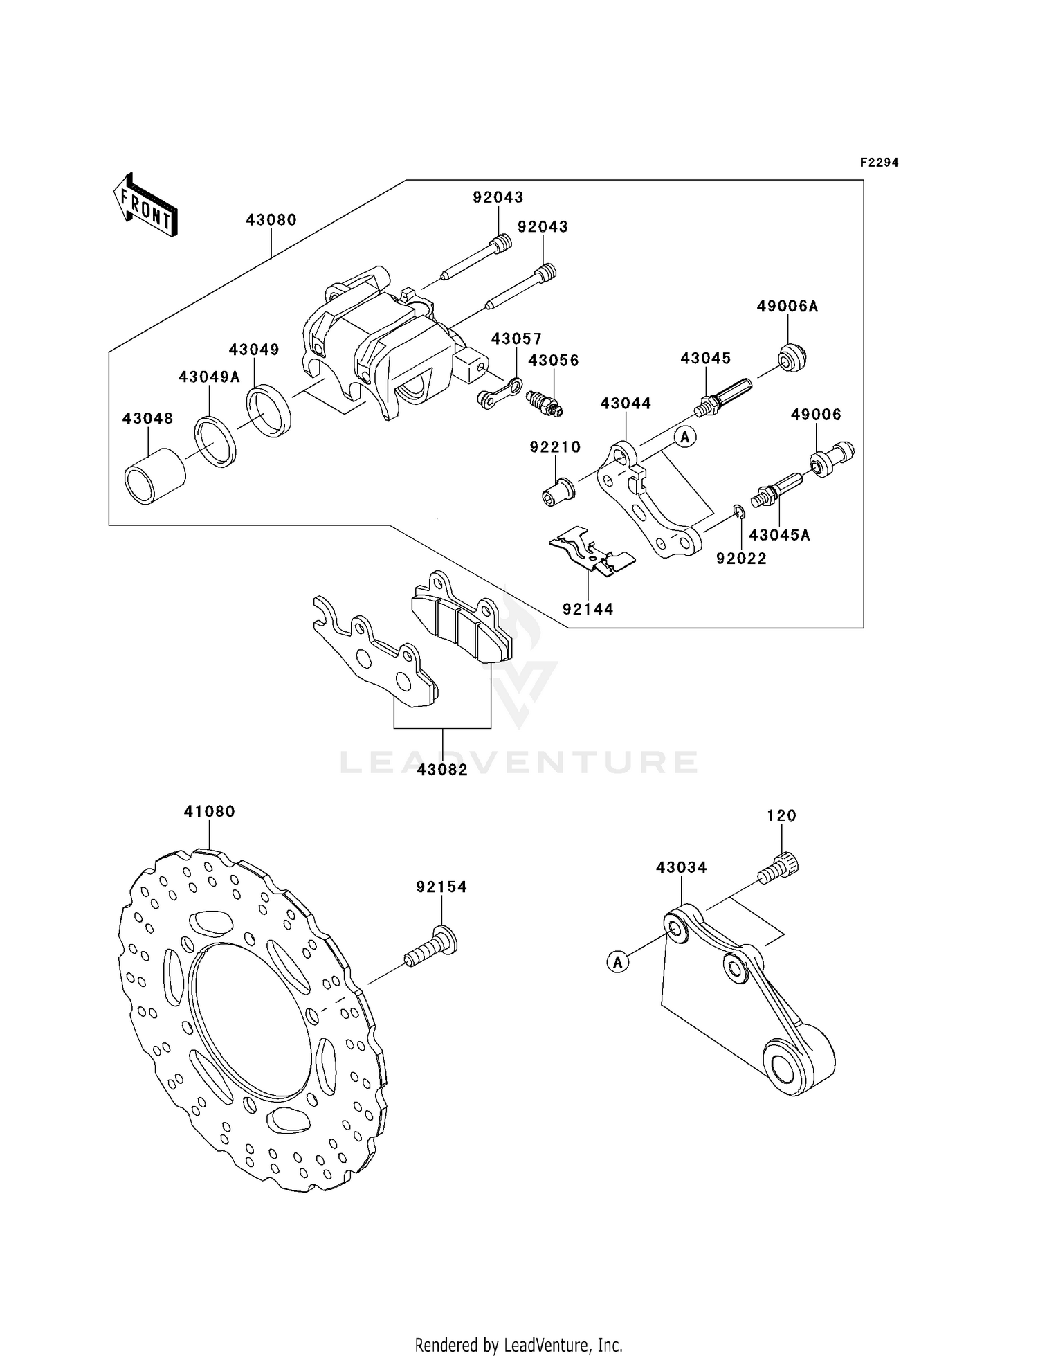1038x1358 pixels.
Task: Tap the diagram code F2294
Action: (879, 163)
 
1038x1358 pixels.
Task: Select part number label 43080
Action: (271, 220)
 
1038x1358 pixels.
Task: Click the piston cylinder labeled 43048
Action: (155, 477)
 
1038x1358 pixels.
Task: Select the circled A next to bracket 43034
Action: (618, 961)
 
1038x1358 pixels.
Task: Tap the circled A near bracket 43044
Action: (685, 437)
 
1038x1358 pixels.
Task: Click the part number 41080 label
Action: (210, 811)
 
